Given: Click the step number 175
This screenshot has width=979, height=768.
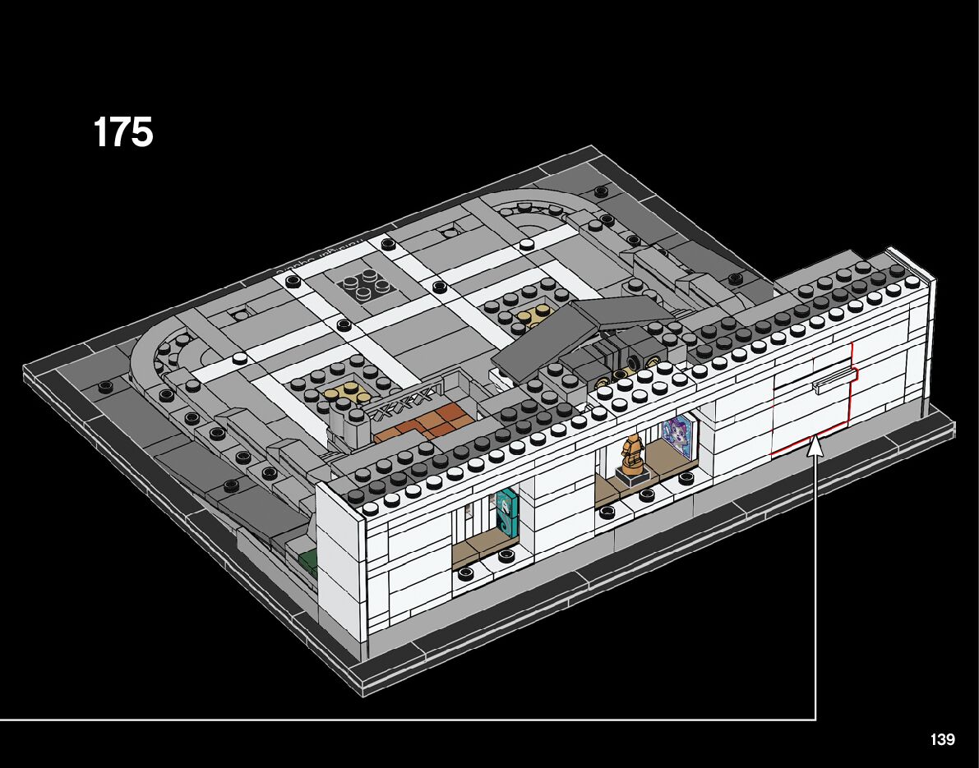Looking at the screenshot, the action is (123, 132).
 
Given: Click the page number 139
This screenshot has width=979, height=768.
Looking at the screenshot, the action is (943, 740).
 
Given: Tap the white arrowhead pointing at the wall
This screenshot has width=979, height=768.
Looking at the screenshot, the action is (815, 447).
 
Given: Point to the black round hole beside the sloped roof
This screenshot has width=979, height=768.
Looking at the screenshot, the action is (634, 361).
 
